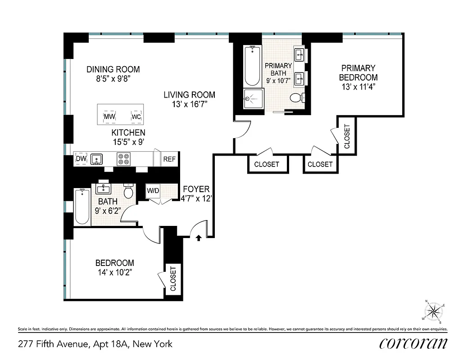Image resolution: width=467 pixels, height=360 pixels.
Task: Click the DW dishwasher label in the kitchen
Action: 81,159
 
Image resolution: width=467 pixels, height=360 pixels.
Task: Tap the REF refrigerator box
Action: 169,159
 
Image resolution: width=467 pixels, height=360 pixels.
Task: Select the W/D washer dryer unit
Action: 153,191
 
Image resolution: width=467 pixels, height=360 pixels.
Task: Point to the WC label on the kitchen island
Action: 136,117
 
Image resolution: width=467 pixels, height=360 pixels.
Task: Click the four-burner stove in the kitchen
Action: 123,159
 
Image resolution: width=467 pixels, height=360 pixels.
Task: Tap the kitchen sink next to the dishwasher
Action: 96,159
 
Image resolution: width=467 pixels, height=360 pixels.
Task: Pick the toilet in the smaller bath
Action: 128,192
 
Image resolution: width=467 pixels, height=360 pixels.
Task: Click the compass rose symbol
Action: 434,311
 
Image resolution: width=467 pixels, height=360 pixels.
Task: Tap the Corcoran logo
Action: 413,343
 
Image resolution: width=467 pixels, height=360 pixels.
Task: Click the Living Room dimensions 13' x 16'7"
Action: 189,104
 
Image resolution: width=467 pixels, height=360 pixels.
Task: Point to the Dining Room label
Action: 113,69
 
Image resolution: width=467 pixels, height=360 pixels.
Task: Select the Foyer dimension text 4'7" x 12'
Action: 196,198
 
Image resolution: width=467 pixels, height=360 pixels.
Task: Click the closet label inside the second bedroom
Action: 173,279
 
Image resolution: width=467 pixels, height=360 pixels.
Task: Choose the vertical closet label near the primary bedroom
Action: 347,136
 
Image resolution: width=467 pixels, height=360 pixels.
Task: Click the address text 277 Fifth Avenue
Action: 95,344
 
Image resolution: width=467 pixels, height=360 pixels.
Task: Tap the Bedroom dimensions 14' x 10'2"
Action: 114,272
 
